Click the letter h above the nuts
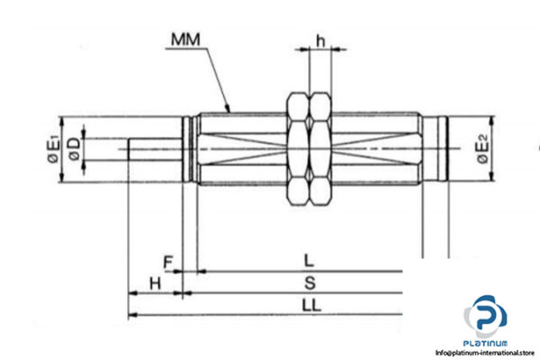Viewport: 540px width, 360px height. [x=319, y=40]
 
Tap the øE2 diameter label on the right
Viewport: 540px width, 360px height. [x=483, y=149]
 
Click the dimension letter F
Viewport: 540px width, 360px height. [x=167, y=263]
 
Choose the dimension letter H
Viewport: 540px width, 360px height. [x=154, y=283]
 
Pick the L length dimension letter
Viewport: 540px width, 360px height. [x=309, y=262]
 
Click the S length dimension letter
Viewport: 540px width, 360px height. [x=309, y=283]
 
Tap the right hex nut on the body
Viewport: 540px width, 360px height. [x=320, y=149]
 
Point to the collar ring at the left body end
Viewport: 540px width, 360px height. [x=187, y=149]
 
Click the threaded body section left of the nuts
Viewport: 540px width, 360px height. [x=238, y=149]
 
